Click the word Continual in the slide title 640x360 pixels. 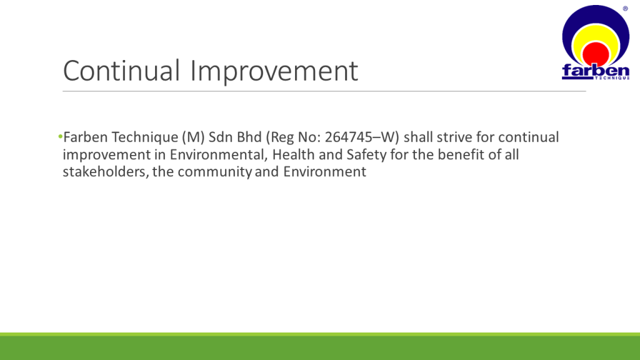[x=121, y=71]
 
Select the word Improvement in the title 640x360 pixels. [x=274, y=72]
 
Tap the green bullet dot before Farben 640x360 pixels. [x=61, y=136]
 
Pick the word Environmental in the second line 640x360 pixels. [x=216, y=155]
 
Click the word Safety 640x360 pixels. [x=366, y=156]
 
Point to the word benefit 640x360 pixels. [x=461, y=155]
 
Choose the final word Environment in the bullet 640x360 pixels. [x=324, y=172]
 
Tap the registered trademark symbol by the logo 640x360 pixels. [x=625, y=9]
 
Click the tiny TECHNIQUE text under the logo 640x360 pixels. [x=612, y=77]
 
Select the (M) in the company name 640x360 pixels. [x=193, y=137]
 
